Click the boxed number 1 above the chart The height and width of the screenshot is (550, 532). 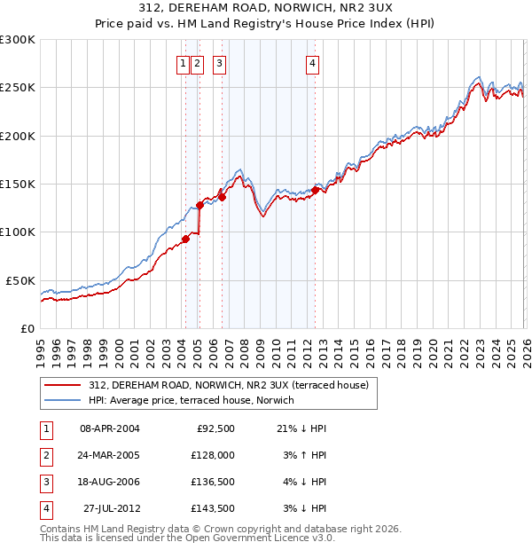[x=184, y=63]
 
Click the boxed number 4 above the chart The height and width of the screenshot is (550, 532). [x=314, y=63]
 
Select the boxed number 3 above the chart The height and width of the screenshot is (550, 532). [x=219, y=63]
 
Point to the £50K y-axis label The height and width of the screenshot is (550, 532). [x=20, y=280]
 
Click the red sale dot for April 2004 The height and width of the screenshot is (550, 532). [x=185, y=239]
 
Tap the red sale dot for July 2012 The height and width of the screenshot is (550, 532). [x=315, y=190]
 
